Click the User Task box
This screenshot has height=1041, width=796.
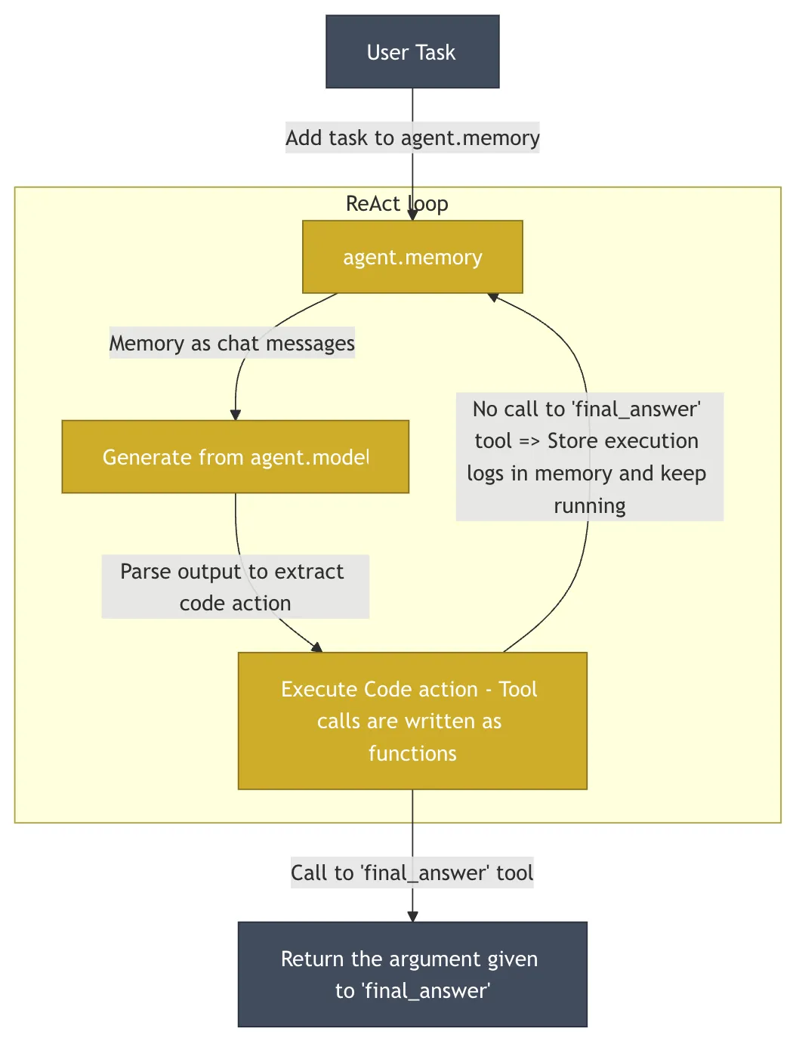point(412,52)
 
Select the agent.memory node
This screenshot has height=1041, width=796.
point(412,257)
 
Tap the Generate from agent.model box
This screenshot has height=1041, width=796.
point(235,457)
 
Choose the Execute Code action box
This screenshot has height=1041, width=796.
point(412,721)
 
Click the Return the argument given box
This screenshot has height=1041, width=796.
point(412,975)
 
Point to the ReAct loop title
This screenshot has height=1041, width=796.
point(396,203)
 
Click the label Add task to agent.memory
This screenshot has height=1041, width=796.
point(412,137)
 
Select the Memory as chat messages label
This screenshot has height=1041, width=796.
point(232,343)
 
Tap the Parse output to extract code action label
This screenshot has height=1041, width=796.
point(235,587)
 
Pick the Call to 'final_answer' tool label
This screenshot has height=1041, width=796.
point(412,873)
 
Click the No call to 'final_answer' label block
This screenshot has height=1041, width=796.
point(589,456)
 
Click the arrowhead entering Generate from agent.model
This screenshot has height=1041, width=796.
point(236,415)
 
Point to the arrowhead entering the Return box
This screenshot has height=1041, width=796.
point(412,916)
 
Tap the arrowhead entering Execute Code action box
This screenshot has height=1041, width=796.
point(317,647)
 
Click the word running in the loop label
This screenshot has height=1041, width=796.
point(590,505)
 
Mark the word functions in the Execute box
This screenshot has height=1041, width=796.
point(412,753)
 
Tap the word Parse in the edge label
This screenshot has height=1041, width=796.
point(145,571)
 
